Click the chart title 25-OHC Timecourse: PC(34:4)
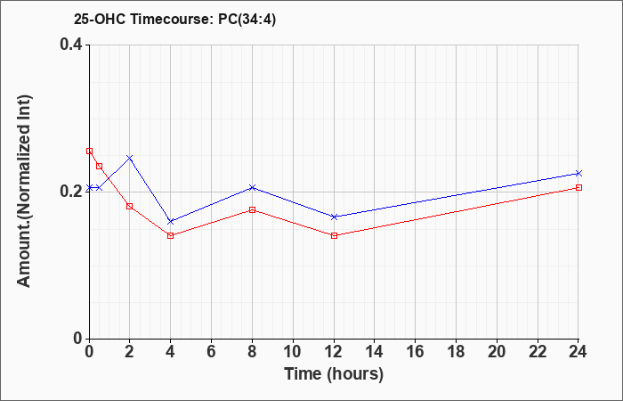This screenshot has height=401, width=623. pyautogui.click(x=174, y=20)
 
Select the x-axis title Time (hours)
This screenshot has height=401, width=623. pyautogui.click(x=334, y=374)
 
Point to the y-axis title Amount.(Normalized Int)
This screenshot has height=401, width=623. pyautogui.click(x=24, y=191)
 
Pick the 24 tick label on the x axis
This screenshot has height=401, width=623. pyautogui.click(x=578, y=352)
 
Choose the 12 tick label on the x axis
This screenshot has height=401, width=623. pyautogui.click(x=334, y=352)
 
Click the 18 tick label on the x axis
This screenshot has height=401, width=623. pyautogui.click(x=456, y=352)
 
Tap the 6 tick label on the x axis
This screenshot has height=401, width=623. pyautogui.click(x=212, y=352)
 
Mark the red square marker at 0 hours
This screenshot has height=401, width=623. pyautogui.click(x=89, y=151)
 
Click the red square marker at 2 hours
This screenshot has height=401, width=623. pyautogui.click(x=130, y=206)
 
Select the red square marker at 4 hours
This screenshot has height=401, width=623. pyautogui.click(x=171, y=235)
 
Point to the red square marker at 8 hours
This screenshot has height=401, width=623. pyautogui.click(x=252, y=209)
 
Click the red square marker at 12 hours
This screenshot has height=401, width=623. pyautogui.click(x=334, y=235)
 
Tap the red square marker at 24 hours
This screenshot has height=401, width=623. pyautogui.click(x=578, y=187)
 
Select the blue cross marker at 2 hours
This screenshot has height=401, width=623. pyautogui.click(x=130, y=158)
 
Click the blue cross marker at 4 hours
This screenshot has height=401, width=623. pyautogui.click(x=171, y=221)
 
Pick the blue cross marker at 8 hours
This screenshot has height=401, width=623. pyautogui.click(x=252, y=187)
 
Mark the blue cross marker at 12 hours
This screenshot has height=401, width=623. pyautogui.click(x=334, y=217)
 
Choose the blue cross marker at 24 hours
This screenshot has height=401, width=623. pyautogui.click(x=578, y=173)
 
